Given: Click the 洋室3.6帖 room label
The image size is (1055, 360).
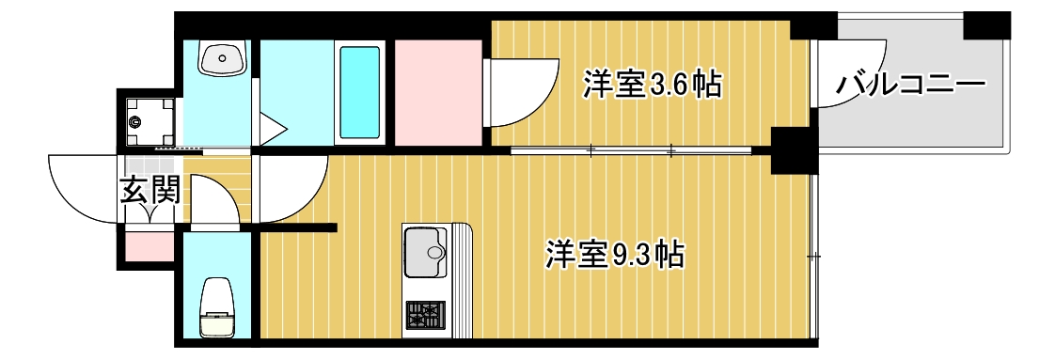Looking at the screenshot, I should click(652, 86).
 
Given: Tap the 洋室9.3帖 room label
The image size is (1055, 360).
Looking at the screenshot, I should click(614, 254).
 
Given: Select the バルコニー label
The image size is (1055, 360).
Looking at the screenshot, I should click(909, 86).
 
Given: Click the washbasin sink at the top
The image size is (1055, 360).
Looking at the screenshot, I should click(222, 60).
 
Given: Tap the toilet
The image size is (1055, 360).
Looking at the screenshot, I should click(217, 305).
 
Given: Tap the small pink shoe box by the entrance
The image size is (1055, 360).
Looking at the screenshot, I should click(149, 247).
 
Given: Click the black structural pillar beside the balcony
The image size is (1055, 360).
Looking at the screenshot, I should click(792, 149).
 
